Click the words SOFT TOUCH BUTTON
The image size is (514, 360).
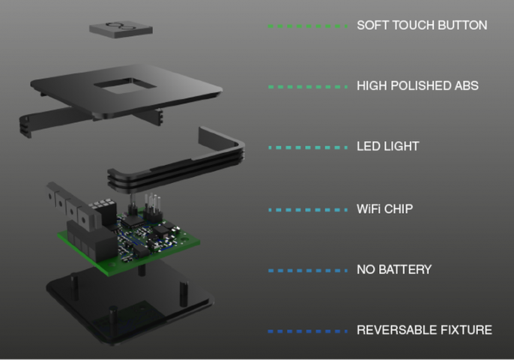[422, 25]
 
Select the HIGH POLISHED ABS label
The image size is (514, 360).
[417, 86]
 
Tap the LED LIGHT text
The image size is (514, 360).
[387, 147]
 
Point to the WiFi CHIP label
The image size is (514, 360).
[385, 208]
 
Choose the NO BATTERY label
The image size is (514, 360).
[394, 269]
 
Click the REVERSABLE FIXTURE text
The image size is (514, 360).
[424, 330]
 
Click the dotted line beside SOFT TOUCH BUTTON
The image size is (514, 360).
[308, 25]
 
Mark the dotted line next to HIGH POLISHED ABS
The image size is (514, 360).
[308, 86]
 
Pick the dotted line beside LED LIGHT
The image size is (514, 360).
[308, 147]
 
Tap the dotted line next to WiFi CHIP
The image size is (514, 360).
[308, 208]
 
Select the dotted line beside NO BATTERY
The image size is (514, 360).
[308, 269]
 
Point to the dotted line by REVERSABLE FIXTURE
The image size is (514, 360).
[308, 330]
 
